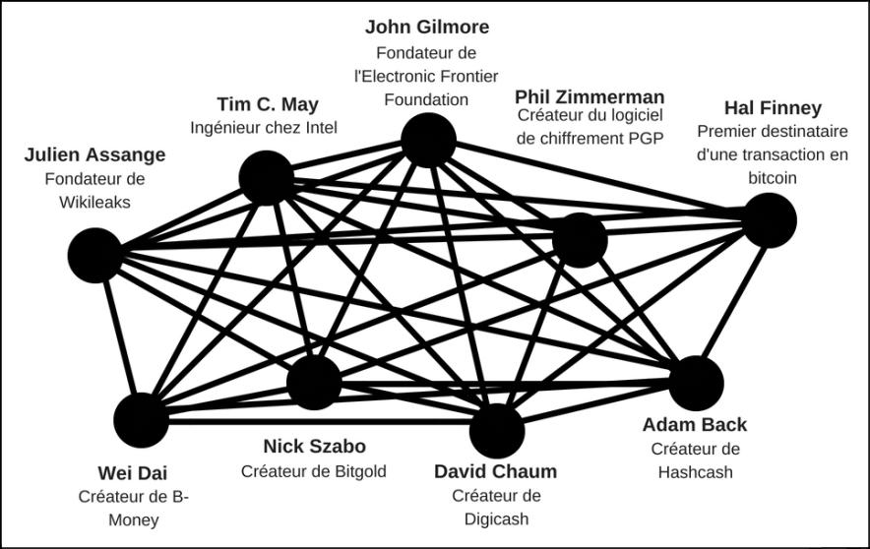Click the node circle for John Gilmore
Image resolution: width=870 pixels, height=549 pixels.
pos(428,141)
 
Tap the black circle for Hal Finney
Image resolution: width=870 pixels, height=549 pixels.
pos(769,219)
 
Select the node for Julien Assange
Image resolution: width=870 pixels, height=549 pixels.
pos(94,254)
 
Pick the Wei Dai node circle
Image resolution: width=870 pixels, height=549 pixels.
pos(141,420)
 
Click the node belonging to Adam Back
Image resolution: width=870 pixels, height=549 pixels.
pos(697,383)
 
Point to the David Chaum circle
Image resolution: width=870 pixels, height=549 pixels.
pos(497,429)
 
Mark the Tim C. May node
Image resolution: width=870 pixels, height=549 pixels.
pos(267,178)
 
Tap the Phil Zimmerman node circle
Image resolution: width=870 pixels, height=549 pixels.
pos(580,241)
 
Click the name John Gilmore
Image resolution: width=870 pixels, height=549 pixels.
pos(426,27)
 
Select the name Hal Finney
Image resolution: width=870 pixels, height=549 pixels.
pos(773,107)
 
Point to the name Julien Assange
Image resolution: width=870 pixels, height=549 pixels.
pos(94,154)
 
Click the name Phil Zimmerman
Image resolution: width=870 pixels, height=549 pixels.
pos(590,96)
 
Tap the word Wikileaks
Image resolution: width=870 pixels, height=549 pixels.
pos(93,202)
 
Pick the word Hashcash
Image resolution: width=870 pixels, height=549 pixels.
pos(695,471)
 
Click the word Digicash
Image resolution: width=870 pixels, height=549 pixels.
pos(496,518)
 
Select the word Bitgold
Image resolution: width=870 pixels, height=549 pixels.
pos(356,471)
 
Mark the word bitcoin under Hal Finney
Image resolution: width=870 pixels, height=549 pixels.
pos(771,178)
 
